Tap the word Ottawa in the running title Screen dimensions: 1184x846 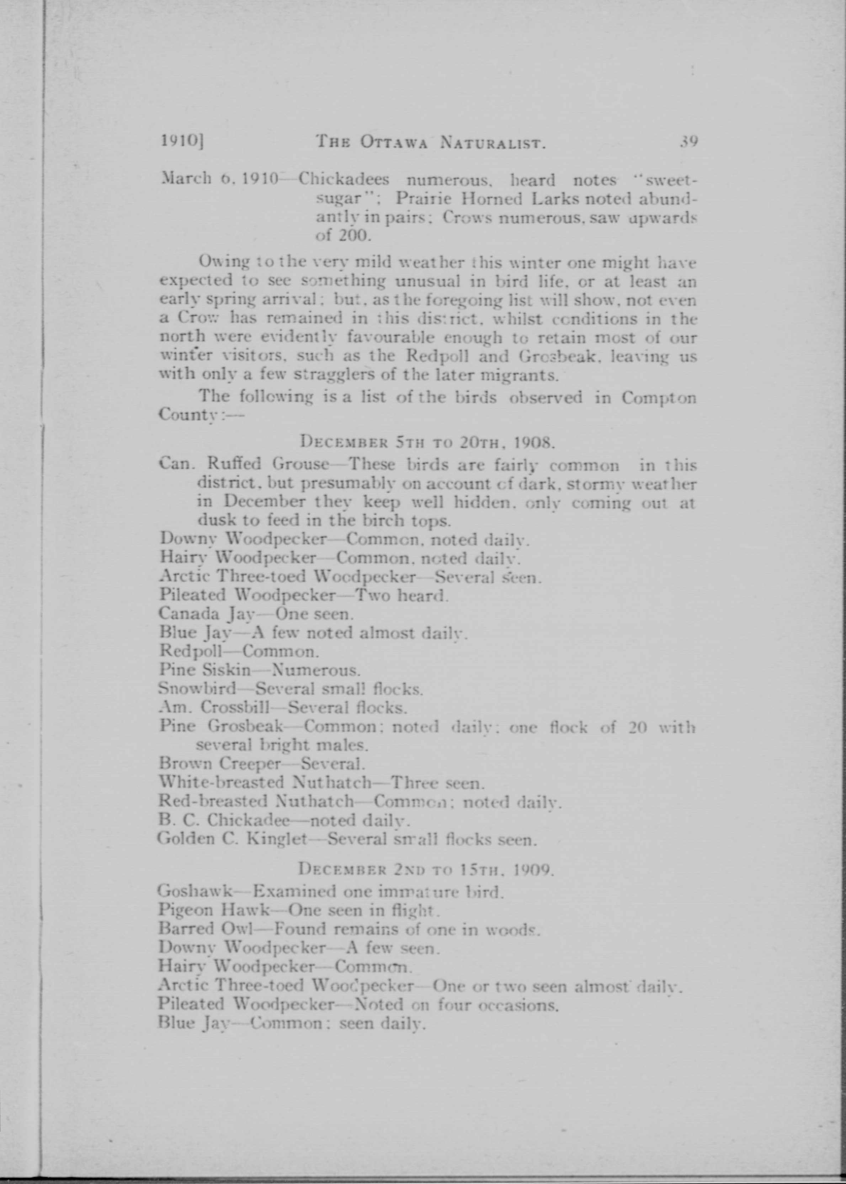[393, 142]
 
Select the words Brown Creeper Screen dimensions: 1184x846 [220, 764]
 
